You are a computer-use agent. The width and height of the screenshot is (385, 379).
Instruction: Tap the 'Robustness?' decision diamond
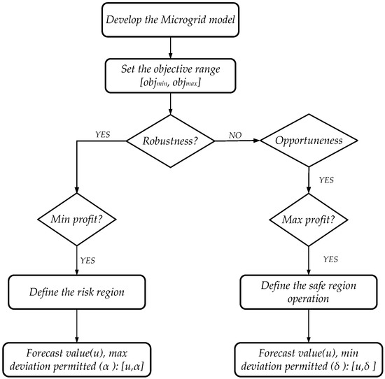point(171,141)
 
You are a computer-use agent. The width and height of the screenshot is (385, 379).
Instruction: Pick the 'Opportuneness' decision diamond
point(308,141)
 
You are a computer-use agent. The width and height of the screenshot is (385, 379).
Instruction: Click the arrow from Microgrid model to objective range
point(171,48)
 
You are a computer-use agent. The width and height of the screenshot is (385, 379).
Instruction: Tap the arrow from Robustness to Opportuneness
point(237,141)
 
